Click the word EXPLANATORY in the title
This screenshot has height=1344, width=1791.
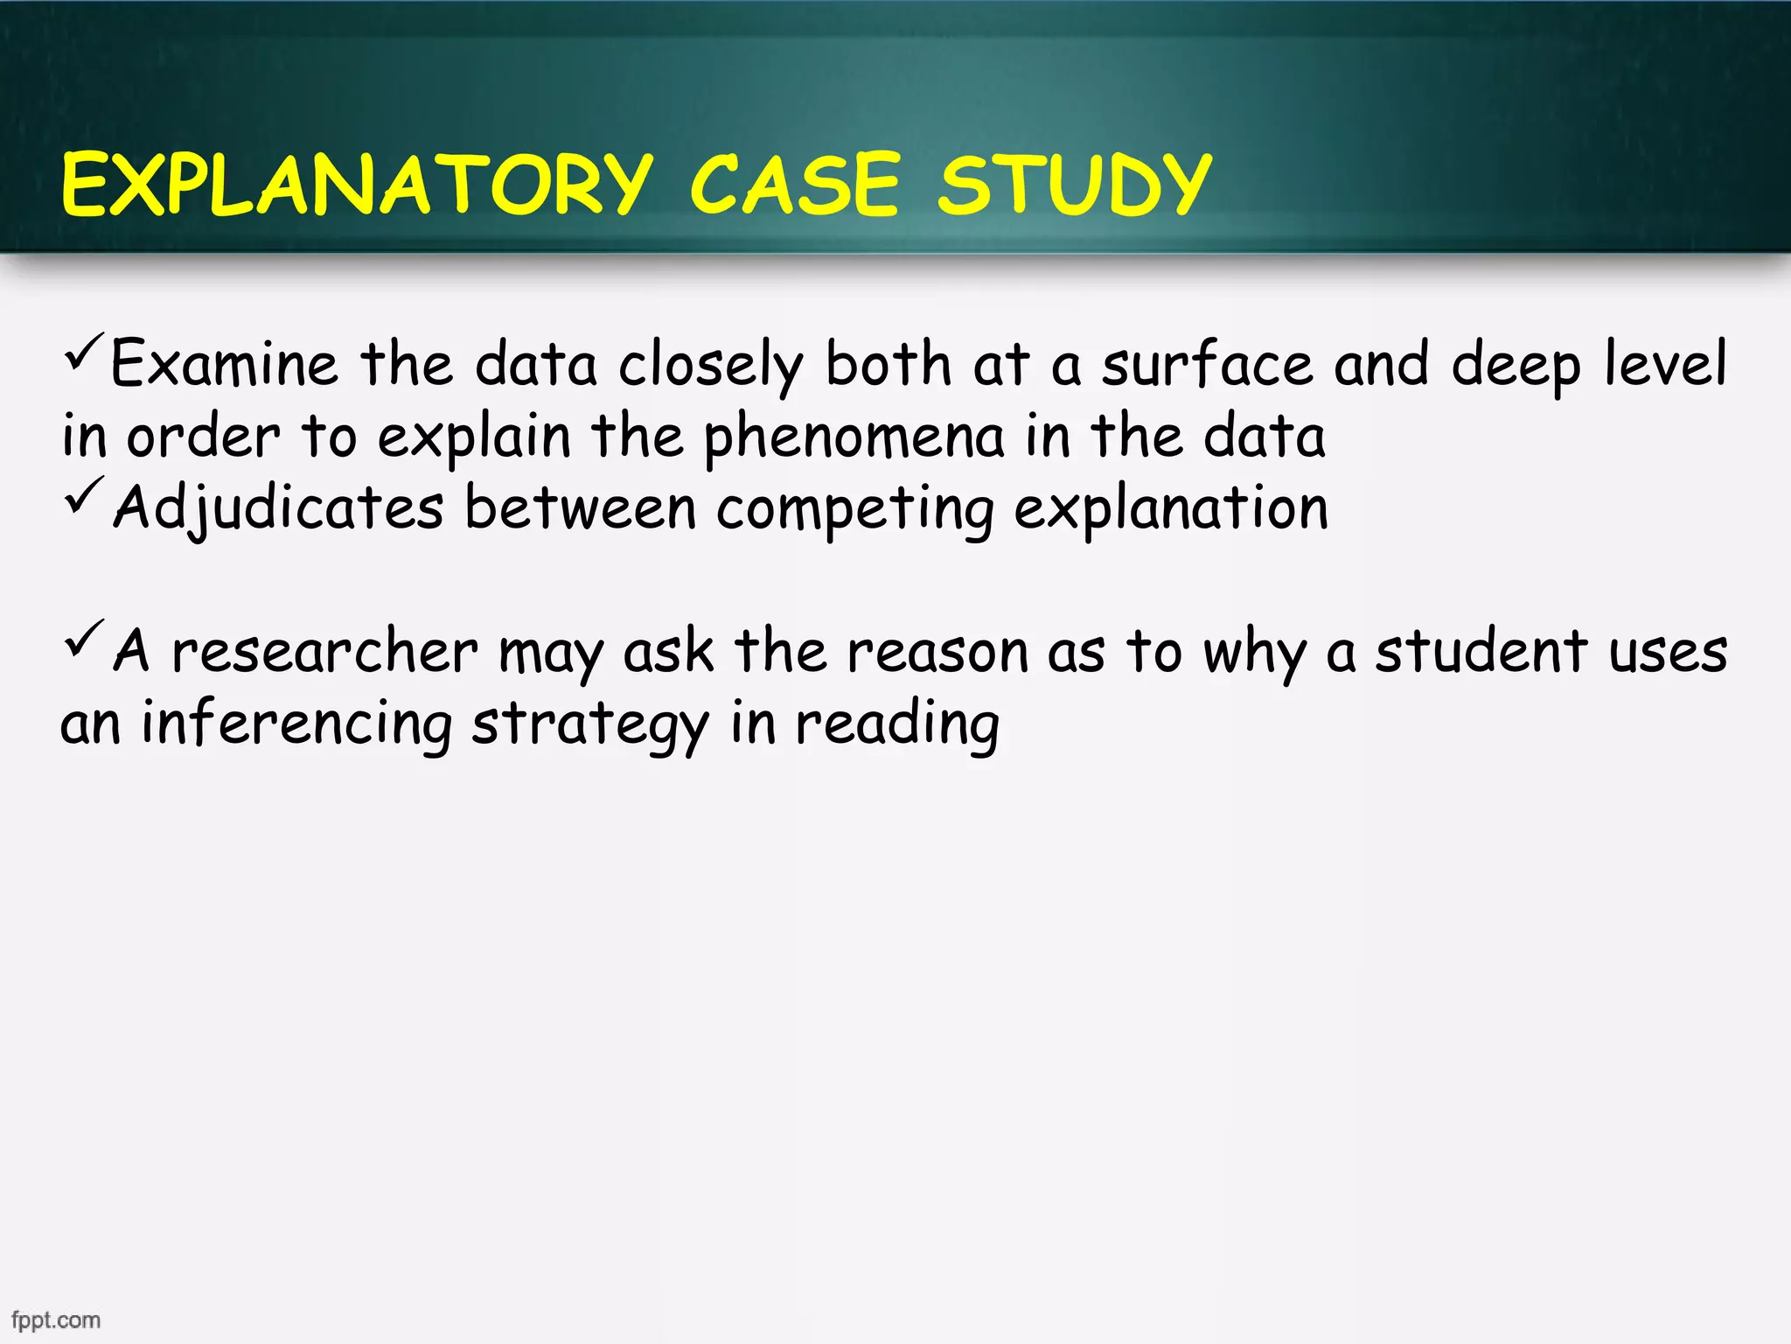click(357, 185)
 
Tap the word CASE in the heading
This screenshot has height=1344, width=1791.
click(794, 185)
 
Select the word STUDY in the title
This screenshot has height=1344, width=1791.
click(1074, 185)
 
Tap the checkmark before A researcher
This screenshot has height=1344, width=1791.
click(84, 639)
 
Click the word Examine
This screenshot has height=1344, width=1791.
click(224, 364)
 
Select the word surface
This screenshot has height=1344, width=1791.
click(1207, 364)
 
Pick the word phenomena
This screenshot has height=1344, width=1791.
click(854, 437)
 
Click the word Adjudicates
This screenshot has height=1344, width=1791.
click(278, 507)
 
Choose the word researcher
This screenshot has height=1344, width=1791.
click(324, 652)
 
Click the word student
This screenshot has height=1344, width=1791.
click(1481, 652)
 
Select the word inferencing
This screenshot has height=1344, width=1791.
click(296, 724)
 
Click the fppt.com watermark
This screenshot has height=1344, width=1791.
click(56, 1319)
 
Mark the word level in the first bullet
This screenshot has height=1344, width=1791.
click(1665, 364)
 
